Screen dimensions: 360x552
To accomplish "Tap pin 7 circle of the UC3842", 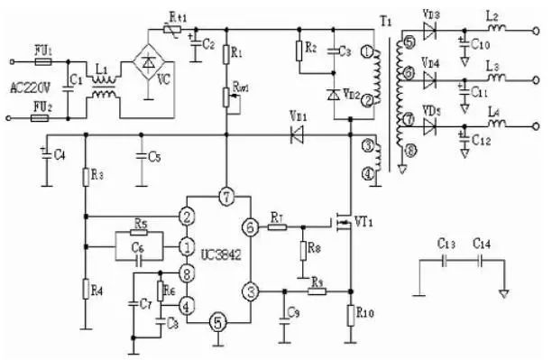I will tap(225, 197).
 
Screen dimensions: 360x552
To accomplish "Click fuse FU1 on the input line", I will tap(39, 63).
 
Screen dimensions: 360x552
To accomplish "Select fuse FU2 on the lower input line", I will tap(39, 116).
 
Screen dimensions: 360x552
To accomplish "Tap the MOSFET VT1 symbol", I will tap(343, 220).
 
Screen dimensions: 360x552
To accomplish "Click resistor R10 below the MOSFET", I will tap(349, 314).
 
